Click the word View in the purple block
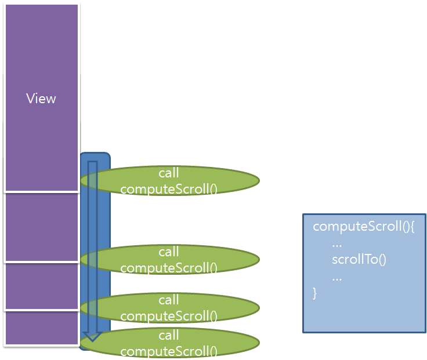pos(41,99)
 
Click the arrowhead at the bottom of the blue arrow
pos(93,337)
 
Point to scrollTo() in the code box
pos(359,259)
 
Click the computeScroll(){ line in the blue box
pos(364,227)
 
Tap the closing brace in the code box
pos(315,293)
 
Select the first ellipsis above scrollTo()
pos(336,243)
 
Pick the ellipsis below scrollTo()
pos(336,277)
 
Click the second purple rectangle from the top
pos(42,227)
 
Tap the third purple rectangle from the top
pos(42,286)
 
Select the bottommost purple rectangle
pos(42,329)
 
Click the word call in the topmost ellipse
pos(169,173)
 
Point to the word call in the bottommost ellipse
pos(169,336)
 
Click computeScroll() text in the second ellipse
pos(169,268)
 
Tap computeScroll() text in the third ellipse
pos(169,316)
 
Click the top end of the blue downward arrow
pos(93,164)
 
